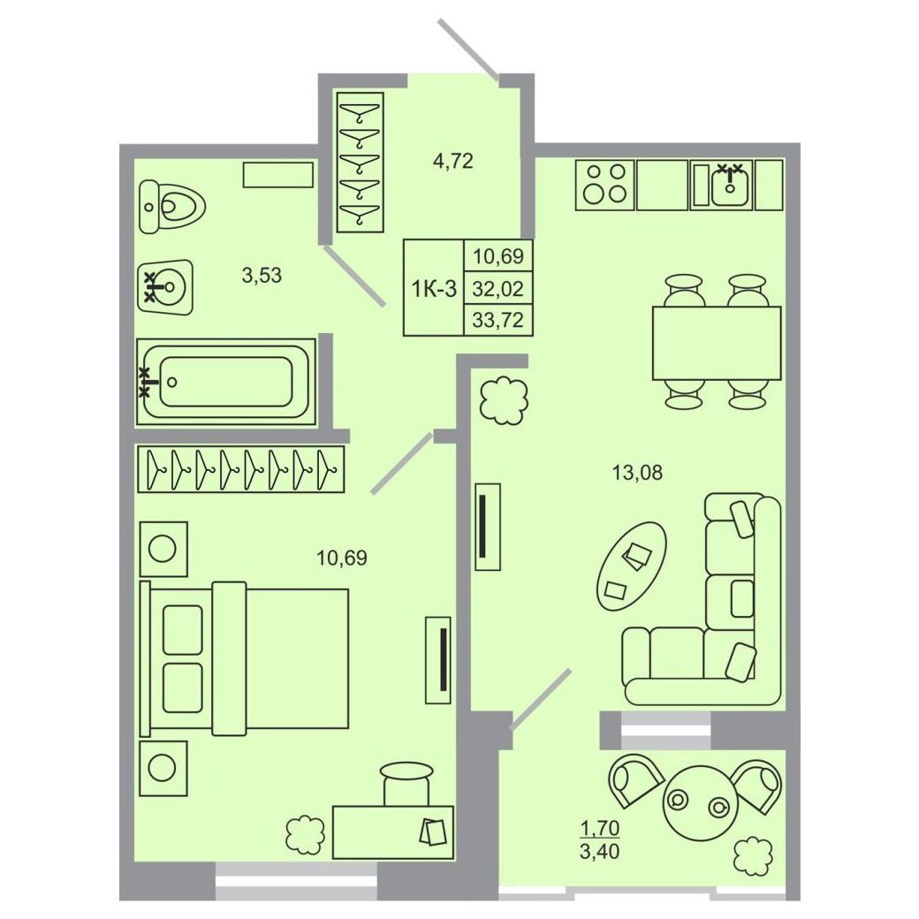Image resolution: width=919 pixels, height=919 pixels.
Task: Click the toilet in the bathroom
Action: tap(172, 207)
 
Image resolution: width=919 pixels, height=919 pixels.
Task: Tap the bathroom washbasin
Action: tap(165, 287)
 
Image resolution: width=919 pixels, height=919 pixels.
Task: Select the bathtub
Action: tap(226, 382)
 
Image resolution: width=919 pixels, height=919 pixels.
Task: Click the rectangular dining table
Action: tap(717, 344)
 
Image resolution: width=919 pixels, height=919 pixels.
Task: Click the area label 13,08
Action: tap(637, 472)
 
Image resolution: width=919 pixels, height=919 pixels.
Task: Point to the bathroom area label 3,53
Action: tap(262, 274)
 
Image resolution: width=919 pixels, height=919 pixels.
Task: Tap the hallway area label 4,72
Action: tap(452, 161)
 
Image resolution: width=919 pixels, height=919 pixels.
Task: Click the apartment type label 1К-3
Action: tap(434, 288)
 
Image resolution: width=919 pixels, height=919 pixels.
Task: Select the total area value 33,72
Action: tap(498, 320)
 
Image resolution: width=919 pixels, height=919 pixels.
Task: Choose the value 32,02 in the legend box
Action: tap(498, 288)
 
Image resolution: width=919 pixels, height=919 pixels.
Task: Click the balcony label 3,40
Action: tap(599, 850)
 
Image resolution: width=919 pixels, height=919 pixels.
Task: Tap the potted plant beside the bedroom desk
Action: tap(306, 834)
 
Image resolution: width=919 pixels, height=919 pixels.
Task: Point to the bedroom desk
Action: tap(393, 832)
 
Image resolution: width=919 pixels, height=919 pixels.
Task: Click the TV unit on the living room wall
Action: tap(487, 527)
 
